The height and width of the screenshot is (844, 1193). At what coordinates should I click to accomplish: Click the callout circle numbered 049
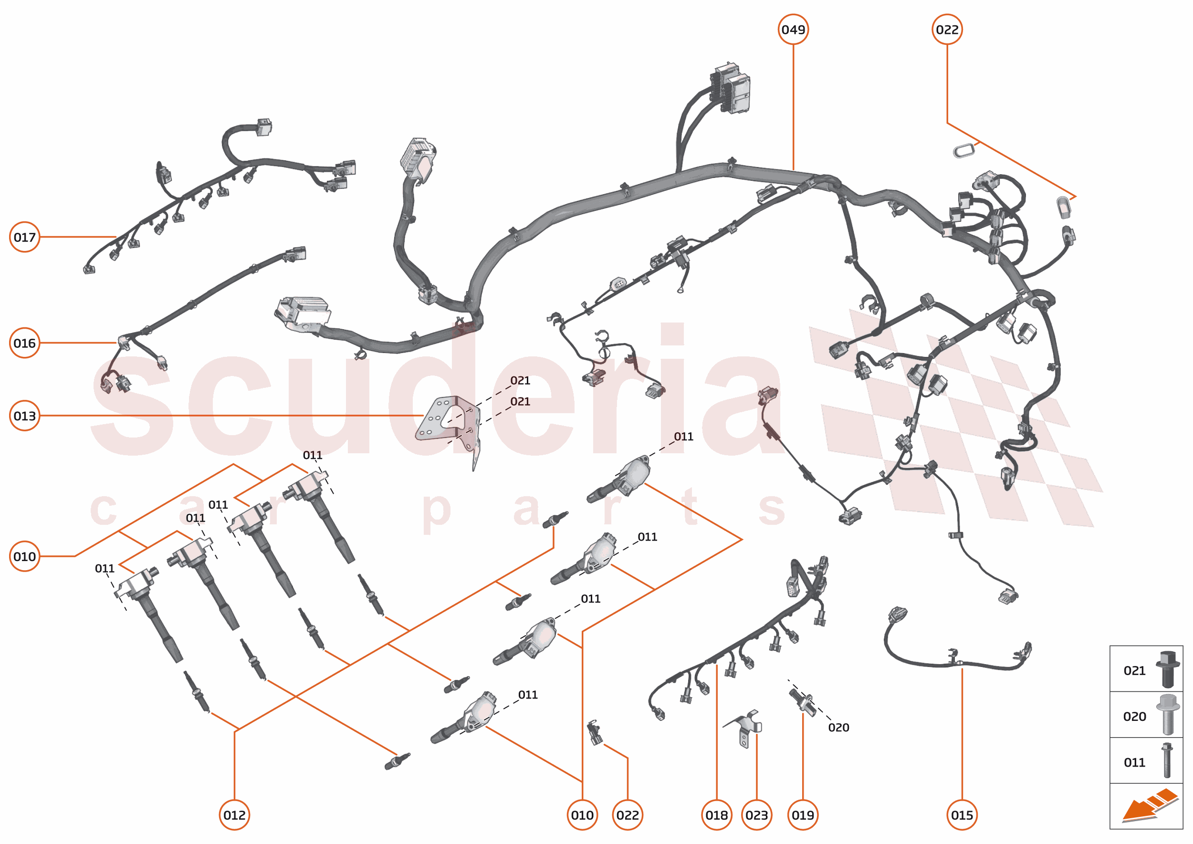[793, 30]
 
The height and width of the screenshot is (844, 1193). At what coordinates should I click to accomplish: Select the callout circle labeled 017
[24, 237]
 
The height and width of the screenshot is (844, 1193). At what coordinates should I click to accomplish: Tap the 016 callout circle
[24, 343]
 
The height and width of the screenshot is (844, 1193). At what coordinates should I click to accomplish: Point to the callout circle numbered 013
[24, 416]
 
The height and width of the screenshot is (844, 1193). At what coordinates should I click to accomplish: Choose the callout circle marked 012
[234, 815]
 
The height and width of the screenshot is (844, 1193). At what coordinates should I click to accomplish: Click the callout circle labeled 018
[716, 815]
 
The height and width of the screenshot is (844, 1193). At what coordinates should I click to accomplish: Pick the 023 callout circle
[756, 815]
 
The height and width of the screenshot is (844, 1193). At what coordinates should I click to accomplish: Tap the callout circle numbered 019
[803, 815]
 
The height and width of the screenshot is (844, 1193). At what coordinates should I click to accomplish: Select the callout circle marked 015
[962, 815]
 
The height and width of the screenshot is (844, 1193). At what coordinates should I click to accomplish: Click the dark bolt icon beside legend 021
[1167, 669]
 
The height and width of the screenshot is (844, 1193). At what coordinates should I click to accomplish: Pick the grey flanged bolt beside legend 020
[1167, 715]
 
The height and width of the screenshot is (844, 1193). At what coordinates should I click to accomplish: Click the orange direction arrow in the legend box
[1149, 806]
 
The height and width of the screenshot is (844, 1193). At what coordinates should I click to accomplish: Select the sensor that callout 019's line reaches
[801, 699]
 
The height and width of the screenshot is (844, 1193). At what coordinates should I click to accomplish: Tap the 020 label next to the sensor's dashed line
[838, 728]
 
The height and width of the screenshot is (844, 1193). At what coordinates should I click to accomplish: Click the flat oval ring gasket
[963, 150]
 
